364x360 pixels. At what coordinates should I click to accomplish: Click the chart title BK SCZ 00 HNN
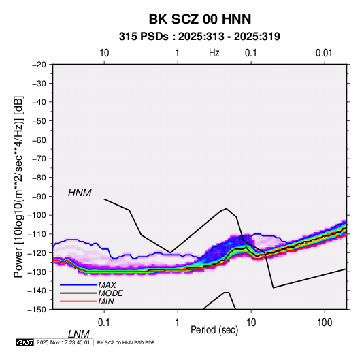click(199, 19)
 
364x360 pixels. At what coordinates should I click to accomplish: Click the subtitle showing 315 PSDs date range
click(199, 37)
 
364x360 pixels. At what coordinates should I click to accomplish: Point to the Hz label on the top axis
click(214, 53)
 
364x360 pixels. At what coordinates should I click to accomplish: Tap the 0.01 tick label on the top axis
click(324, 53)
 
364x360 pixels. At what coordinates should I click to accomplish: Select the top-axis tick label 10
click(104, 53)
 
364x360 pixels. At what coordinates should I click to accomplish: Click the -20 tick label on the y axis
click(39, 65)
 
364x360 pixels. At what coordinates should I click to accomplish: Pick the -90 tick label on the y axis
click(39, 196)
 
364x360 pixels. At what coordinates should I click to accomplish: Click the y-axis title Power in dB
click(18, 186)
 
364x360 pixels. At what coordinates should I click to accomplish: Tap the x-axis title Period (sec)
click(214, 330)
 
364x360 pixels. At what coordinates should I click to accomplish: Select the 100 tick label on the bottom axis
click(325, 323)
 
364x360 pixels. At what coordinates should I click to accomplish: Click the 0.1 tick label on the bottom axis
click(103, 323)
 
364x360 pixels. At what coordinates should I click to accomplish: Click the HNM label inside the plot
click(80, 193)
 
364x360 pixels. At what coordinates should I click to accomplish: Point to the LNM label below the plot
click(78, 334)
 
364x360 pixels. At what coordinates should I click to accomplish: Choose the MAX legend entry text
click(107, 285)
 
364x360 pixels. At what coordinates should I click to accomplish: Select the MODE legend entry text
click(110, 293)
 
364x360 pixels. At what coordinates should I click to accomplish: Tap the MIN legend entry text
click(106, 301)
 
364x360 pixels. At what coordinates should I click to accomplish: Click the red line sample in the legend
click(78, 301)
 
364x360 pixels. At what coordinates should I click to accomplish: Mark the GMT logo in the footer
click(24, 342)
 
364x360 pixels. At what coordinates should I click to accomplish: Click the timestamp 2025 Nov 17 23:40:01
click(63, 342)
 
